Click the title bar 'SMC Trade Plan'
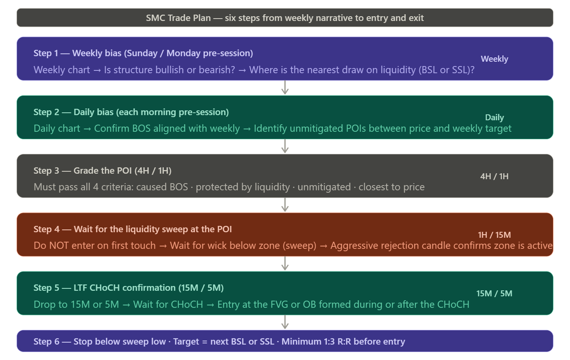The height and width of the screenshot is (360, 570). click(x=285, y=18)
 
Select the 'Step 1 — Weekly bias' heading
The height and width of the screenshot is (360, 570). click(x=143, y=53)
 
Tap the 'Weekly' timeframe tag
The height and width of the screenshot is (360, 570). click(x=494, y=59)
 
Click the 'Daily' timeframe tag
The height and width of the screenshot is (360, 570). click(x=494, y=117)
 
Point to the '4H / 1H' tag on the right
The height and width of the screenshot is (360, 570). click(x=494, y=176)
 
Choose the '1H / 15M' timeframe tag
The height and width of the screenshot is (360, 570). click(x=494, y=235)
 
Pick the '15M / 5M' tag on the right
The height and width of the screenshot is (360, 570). click(x=494, y=294)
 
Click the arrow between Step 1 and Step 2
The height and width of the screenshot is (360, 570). click(x=285, y=88)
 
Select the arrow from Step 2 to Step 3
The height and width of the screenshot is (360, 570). click(x=285, y=146)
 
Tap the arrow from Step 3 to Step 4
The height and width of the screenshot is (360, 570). click(x=285, y=205)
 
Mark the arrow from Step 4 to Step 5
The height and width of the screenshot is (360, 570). click(x=285, y=263)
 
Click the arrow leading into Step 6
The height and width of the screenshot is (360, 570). click(x=285, y=322)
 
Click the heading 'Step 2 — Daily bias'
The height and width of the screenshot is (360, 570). click(x=131, y=112)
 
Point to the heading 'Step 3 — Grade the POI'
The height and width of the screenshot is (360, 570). click(x=103, y=171)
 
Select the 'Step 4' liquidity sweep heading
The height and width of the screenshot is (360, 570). click(x=133, y=229)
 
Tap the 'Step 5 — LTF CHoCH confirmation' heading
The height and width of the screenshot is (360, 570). click(x=129, y=288)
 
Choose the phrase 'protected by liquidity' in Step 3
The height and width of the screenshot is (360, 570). click(x=243, y=187)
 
